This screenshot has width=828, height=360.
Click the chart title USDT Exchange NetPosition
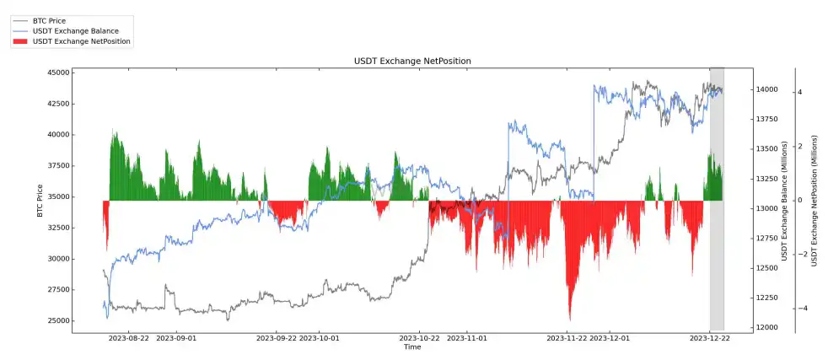[x=412, y=61]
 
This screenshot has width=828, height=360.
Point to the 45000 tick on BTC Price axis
[x=58, y=73]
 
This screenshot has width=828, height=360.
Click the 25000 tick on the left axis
[x=58, y=321]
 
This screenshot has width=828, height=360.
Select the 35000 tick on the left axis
[x=58, y=197]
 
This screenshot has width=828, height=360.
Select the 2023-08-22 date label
[x=129, y=337]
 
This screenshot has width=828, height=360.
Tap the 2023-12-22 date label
[x=710, y=337]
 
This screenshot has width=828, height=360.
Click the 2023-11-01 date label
[x=466, y=337]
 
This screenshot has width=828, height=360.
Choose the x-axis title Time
[x=412, y=347]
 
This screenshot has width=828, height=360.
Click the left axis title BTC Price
[x=40, y=199]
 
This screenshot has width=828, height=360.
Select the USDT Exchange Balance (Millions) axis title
[x=784, y=200]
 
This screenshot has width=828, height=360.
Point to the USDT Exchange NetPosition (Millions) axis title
[x=815, y=200]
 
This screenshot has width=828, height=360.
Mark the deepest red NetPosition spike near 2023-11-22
[x=570, y=318]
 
